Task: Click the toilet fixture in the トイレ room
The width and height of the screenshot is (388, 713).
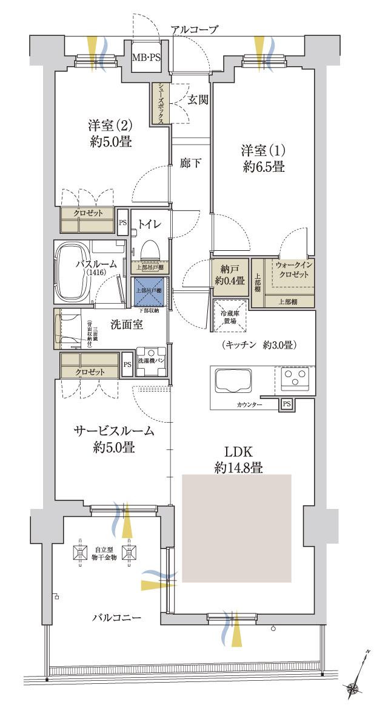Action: [148, 248]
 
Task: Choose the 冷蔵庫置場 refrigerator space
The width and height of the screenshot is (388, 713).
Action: [230, 315]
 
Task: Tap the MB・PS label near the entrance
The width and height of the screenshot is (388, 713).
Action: [147, 58]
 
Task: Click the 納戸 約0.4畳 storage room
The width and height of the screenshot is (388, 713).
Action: [229, 277]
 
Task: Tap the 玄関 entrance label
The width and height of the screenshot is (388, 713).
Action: [198, 99]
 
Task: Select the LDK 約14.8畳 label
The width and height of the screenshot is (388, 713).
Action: [238, 459]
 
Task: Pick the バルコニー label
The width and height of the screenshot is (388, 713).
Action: [117, 618]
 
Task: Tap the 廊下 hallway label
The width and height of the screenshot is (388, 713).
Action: [191, 163]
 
